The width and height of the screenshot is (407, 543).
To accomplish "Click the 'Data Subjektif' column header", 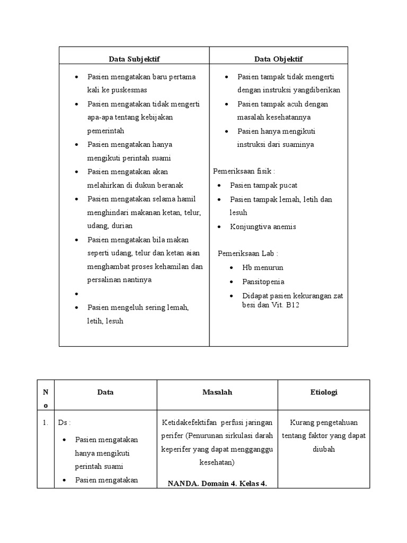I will coord(134,59).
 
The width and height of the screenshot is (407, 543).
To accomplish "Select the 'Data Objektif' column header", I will coord(278,59).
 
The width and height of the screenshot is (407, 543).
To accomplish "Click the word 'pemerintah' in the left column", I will coord(105,130).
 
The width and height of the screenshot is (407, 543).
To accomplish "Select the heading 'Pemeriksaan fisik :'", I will coord(244,171).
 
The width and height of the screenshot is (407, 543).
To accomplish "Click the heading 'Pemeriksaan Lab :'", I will coord(248,253).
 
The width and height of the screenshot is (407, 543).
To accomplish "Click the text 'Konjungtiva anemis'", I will coord(263,226).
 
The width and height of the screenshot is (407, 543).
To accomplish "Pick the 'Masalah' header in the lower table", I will coord(217,392).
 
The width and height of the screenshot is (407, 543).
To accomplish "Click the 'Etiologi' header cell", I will coord(323,392).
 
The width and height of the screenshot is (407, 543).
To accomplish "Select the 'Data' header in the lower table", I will coord(105,392).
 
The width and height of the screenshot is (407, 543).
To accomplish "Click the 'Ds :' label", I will coord(65,423).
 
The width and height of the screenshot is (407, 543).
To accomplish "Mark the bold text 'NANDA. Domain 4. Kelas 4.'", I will coord(217,483).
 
